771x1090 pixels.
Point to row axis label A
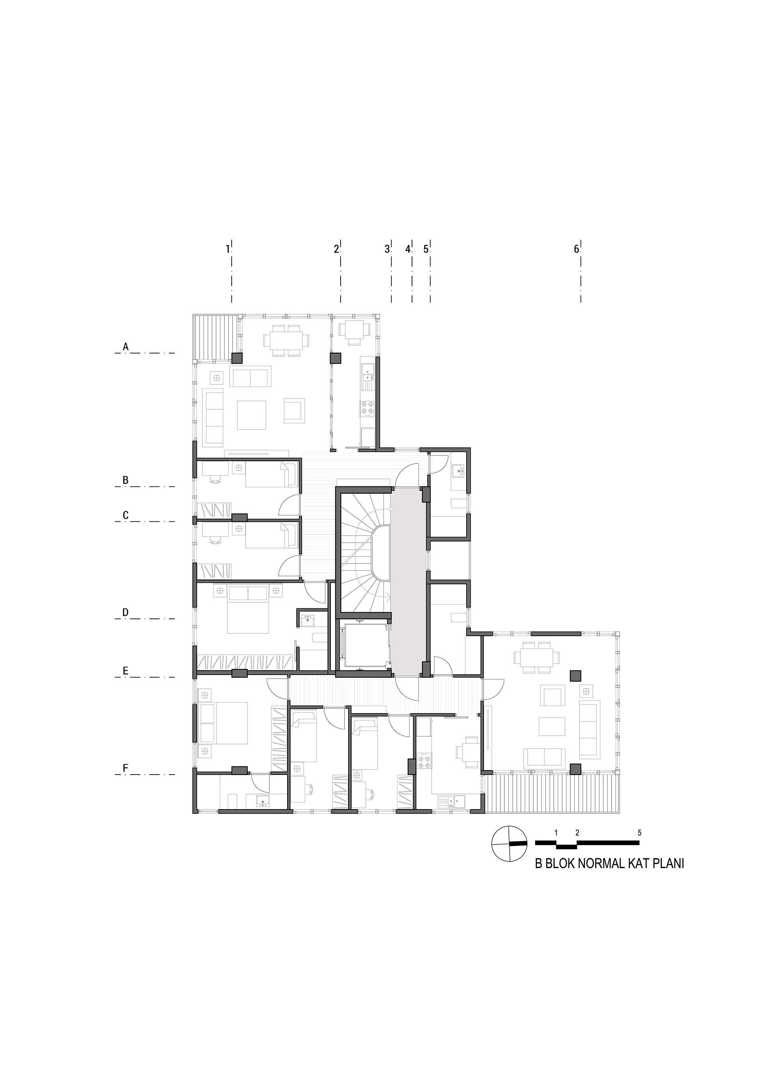[x=125, y=347]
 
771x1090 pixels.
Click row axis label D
[x=125, y=612]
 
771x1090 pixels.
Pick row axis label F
[x=125, y=768]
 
